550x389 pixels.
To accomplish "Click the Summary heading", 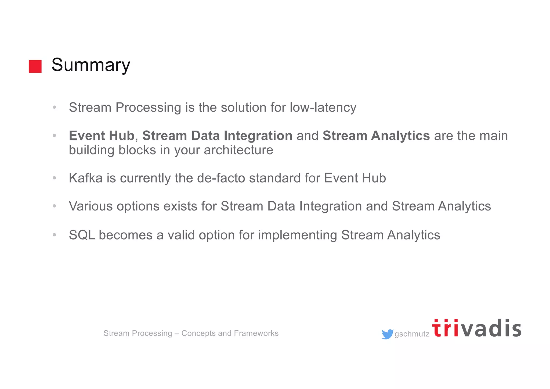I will [x=91, y=65].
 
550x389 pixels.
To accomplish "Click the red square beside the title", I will [x=35, y=66].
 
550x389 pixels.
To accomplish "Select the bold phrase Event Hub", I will [x=102, y=135].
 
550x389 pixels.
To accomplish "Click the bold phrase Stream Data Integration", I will [x=217, y=135].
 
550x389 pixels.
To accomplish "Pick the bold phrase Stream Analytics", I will [x=376, y=135].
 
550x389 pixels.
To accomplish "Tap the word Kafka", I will [x=86, y=178].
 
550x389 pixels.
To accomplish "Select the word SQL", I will [x=82, y=235].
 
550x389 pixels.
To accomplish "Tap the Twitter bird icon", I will [x=387, y=334].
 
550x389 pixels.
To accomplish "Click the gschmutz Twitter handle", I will [x=412, y=334].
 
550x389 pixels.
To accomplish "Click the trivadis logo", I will [x=477, y=329].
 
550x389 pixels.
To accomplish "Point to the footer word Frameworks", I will [x=256, y=333].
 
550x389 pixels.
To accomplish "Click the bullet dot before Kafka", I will [x=55, y=178].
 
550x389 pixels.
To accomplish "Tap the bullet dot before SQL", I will [x=55, y=235].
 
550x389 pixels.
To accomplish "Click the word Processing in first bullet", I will [x=148, y=108].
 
